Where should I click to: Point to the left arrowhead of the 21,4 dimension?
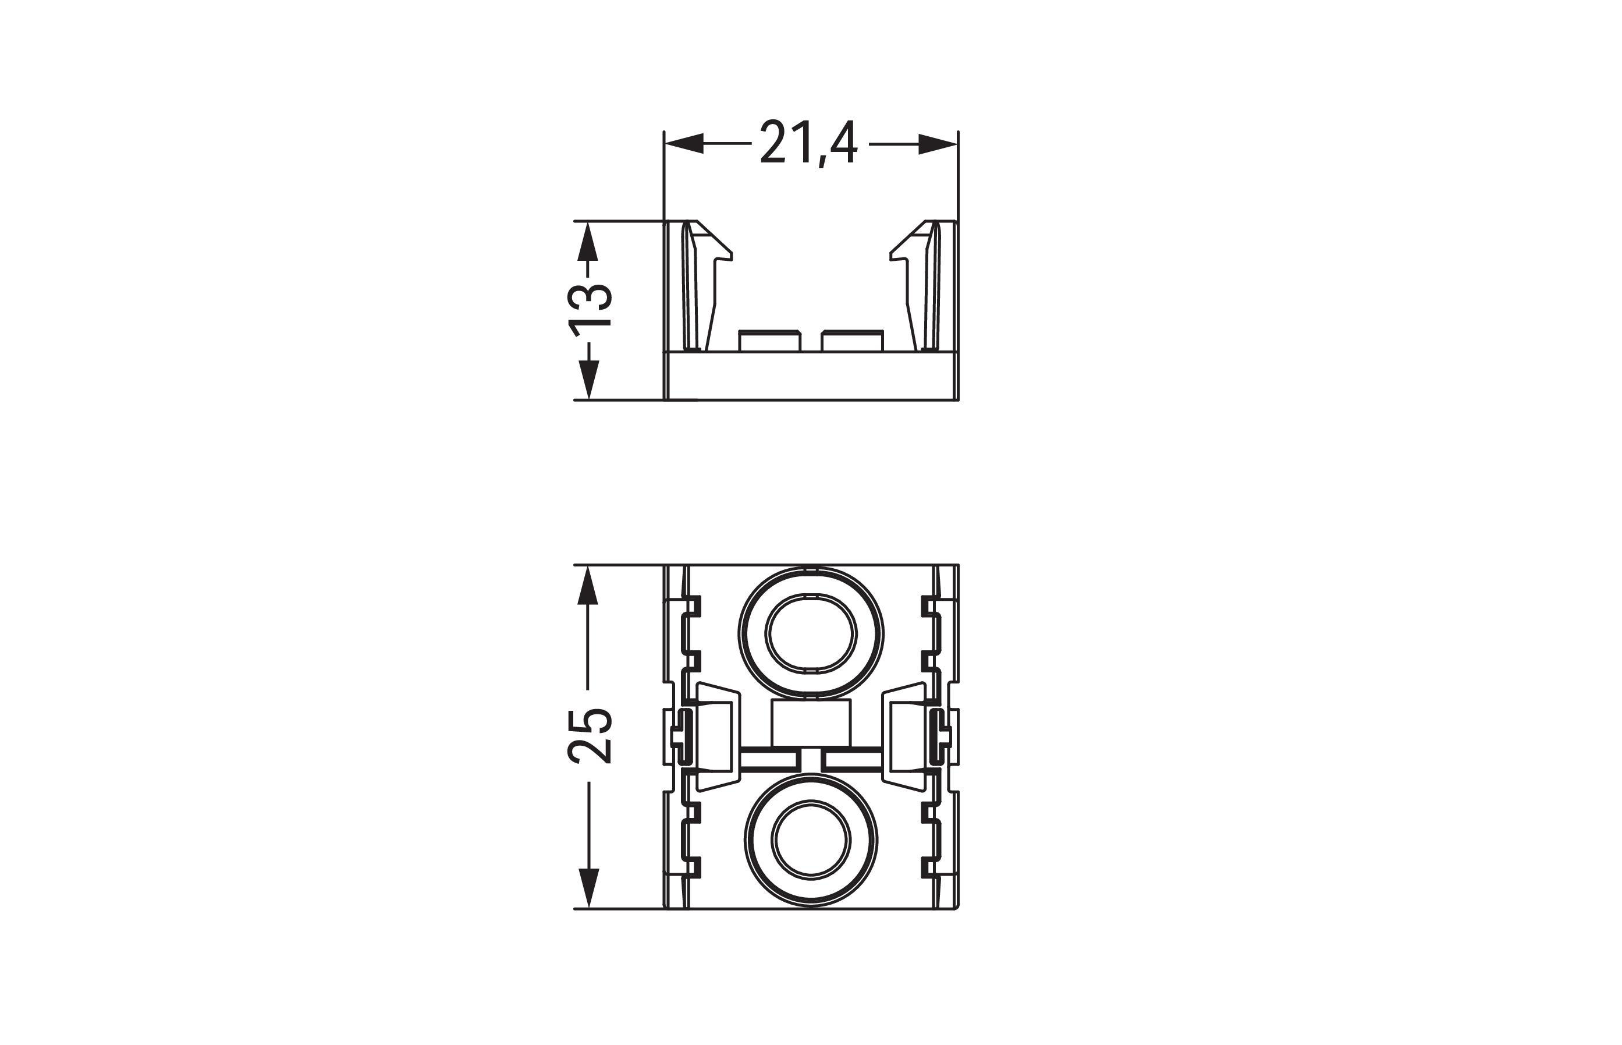pos(684,144)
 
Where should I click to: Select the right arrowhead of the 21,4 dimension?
pos(938,144)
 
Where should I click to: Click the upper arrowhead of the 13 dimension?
pos(588,241)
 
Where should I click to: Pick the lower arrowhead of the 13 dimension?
pos(588,380)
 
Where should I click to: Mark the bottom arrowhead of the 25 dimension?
pos(588,888)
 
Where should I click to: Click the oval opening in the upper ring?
pos(811,635)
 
